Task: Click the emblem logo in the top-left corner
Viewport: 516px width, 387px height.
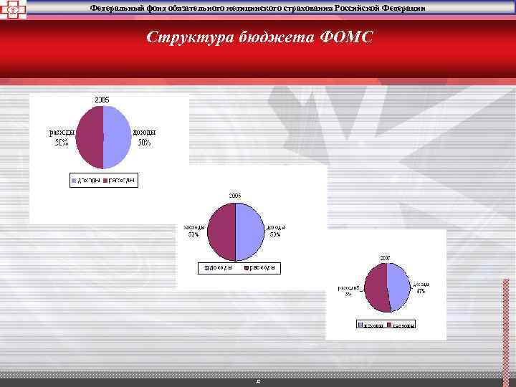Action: click(x=13, y=9)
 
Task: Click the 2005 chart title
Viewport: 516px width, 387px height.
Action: click(x=103, y=99)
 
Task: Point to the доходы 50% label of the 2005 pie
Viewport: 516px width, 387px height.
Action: click(x=144, y=137)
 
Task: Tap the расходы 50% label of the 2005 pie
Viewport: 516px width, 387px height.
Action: click(x=59, y=137)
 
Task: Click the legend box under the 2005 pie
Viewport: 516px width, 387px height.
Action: click(x=103, y=180)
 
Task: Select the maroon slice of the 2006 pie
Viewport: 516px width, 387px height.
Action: click(x=221, y=231)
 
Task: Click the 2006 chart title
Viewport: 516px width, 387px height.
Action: click(x=234, y=195)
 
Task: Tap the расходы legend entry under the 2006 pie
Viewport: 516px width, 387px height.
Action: click(x=259, y=268)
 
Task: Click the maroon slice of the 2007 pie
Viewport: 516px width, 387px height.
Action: click(x=376, y=287)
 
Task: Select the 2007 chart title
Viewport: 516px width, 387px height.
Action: click(x=386, y=257)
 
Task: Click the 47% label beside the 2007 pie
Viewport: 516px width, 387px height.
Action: click(x=421, y=292)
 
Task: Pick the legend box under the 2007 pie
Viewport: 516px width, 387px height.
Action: click(x=386, y=325)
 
